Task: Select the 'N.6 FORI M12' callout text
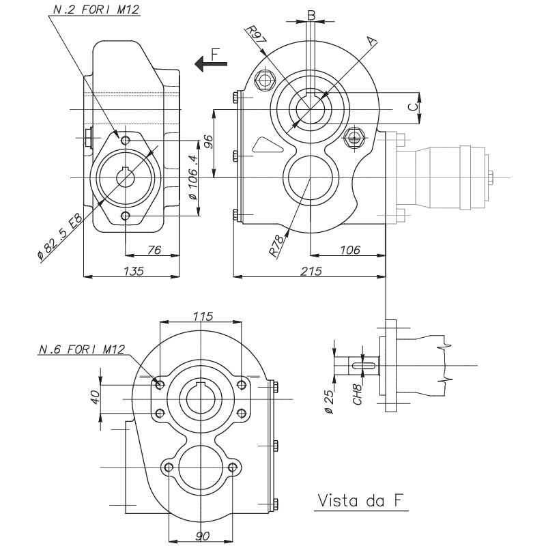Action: [82, 349]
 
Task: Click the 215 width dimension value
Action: [311, 270]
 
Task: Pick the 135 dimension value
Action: [134, 270]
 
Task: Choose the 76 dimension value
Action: [154, 250]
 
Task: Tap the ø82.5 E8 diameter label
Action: [59, 236]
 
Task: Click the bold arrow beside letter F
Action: [205, 63]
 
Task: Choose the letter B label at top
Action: [311, 14]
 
